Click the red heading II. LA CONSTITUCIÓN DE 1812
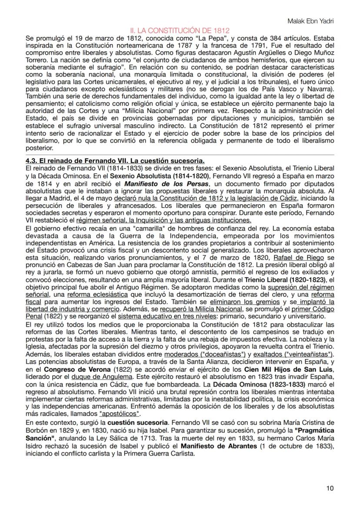[x=180, y=31]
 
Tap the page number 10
[x=330, y=488]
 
